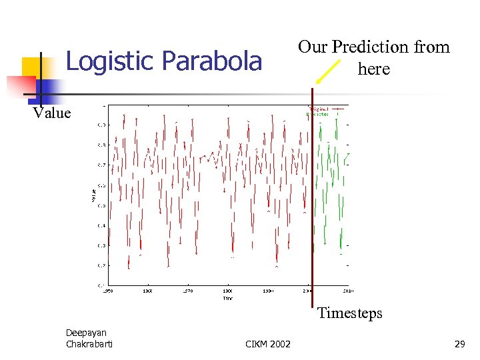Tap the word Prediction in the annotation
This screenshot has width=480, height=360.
pyautogui.click(x=373, y=47)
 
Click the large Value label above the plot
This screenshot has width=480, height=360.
pyautogui.click(x=52, y=113)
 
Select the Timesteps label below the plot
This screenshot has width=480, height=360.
pyautogui.click(x=350, y=313)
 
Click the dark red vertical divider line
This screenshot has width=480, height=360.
pyautogui.click(x=312, y=200)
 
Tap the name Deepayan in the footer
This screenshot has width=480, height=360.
pyautogui.click(x=86, y=333)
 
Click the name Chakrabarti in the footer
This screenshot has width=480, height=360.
pyautogui.click(x=89, y=343)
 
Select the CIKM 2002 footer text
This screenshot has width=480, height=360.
pyautogui.click(x=268, y=343)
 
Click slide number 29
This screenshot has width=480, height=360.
pyautogui.click(x=459, y=343)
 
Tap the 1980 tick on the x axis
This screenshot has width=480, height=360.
pyautogui.click(x=227, y=291)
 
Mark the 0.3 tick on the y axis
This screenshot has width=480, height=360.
pyautogui.click(x=100, y=245)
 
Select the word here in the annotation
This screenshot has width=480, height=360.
pyautogui.click(x=373, y=68)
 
